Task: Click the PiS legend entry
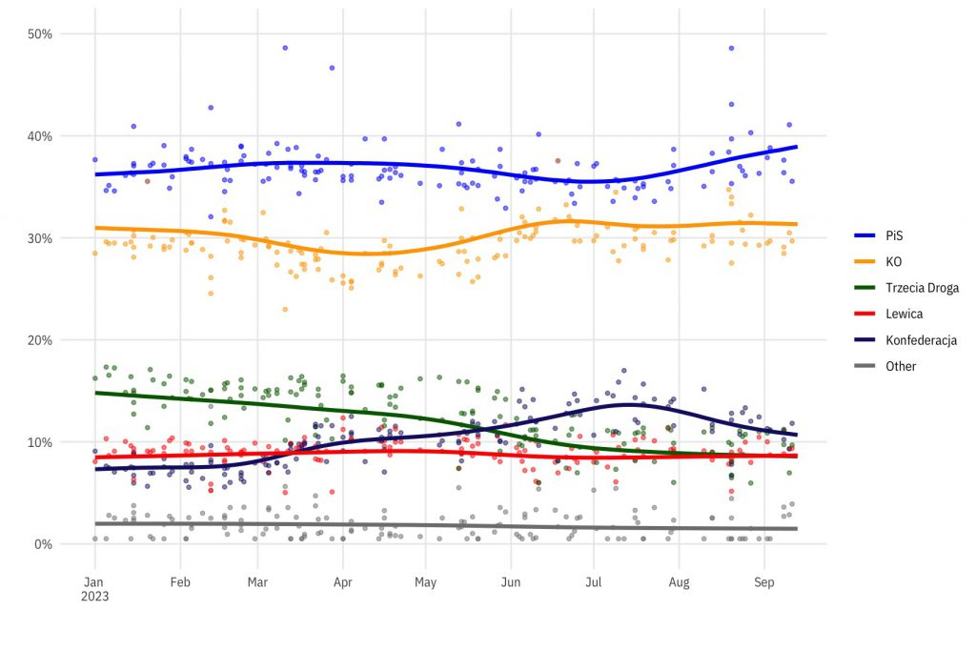coord(892,234)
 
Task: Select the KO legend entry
coord(892,260)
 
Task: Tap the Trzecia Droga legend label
coord(922,287)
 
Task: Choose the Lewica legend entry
coord(904,314)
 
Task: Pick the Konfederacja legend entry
coord(921,340)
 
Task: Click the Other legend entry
coord(901,366)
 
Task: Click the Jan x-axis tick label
coord(93,580)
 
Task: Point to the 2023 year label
coord(94,597)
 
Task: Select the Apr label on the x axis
coord(343,580)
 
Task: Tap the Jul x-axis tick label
coord(594,580)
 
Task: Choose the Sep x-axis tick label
coord(763,580)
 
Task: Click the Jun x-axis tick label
coord(511,580)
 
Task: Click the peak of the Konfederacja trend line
coord(629,404)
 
